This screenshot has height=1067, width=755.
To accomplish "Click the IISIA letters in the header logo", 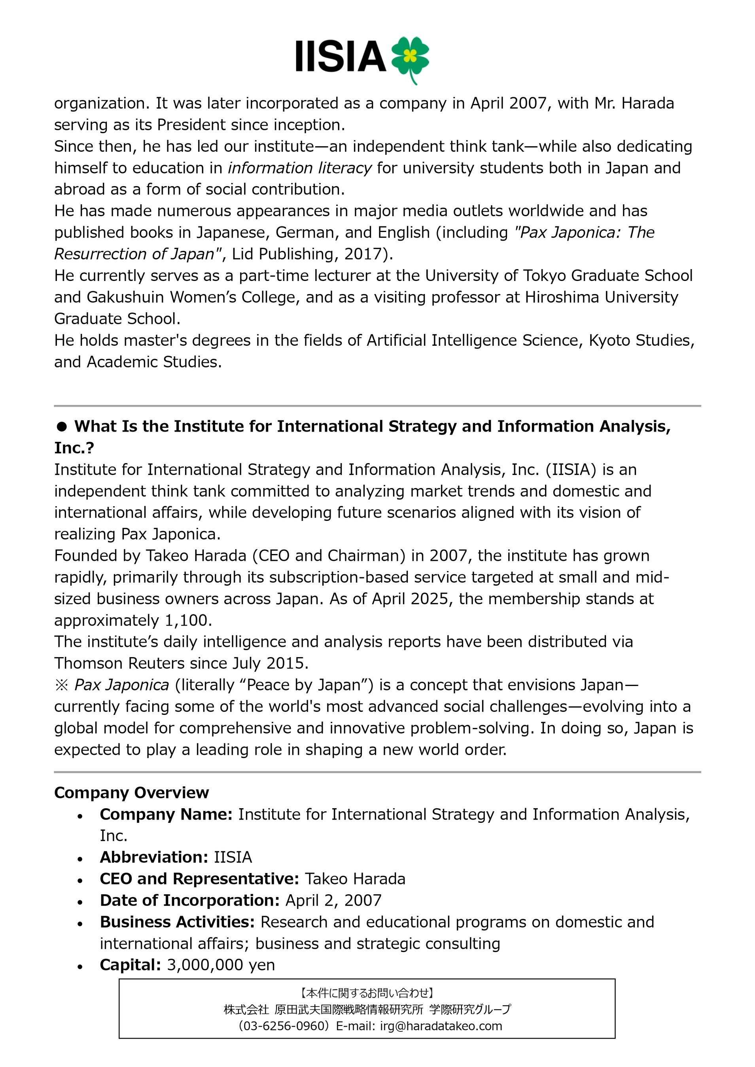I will point(341,56).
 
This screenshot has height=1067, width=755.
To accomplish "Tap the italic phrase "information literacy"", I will point(299,168).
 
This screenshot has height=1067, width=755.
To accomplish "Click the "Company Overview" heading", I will point(131,792).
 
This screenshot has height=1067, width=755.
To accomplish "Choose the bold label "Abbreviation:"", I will point(153,857).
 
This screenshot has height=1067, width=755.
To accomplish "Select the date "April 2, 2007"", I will point(333,900).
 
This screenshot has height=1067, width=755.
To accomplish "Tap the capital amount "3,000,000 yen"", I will point(221,965).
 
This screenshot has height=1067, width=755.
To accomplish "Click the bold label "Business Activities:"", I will point(177,922).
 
